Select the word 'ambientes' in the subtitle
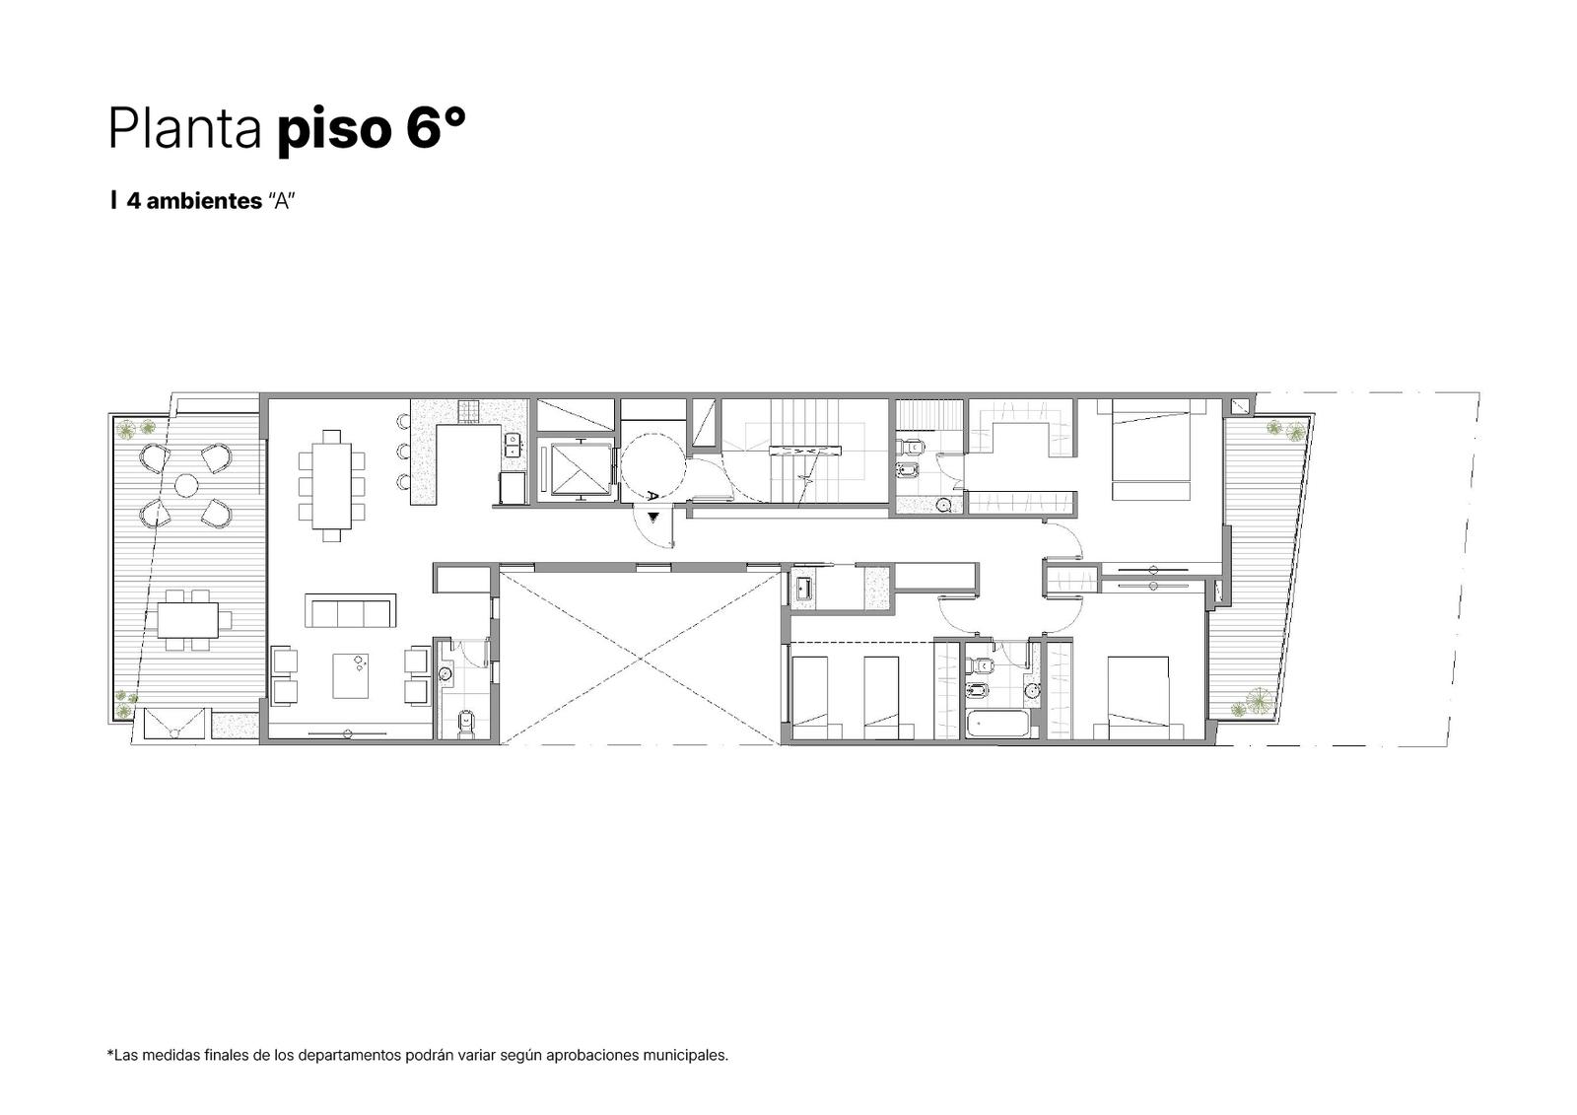(204, 201)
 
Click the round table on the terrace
(186, 485)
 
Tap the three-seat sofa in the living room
(350, 610)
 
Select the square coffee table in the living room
(351, 675)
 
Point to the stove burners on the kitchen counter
(468, 411)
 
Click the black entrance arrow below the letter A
(654, 517)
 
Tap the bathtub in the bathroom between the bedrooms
(997, 724)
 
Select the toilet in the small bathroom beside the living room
(465, 723)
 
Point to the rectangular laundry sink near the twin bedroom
(804, 589)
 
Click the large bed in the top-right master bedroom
(1151, 450)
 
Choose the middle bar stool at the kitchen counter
(403, 451)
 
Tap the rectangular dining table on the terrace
(187, 620)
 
